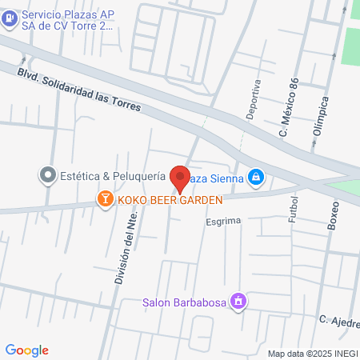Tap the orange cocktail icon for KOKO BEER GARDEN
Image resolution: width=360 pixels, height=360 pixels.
(104, 198)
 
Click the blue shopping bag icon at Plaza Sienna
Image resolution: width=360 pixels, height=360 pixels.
(255, 176)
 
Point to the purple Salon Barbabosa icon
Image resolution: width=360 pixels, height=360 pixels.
(238, 302)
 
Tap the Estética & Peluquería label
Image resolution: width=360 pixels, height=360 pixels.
(113, 174)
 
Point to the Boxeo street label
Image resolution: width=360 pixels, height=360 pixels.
(334, 214)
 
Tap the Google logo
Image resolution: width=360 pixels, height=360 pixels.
(27, 350)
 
